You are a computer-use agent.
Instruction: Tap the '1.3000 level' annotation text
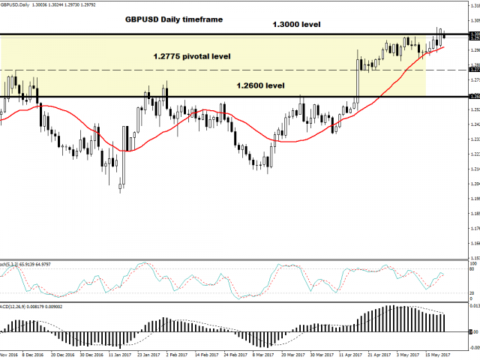pos(296,24)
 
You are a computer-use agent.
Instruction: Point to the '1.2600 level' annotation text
pos(260,85)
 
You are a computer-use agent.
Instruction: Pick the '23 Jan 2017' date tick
pos(154,355)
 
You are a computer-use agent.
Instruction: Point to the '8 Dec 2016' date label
pos(34,355)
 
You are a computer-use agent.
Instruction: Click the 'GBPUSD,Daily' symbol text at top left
pos(17,4)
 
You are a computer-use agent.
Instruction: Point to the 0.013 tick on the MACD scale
pos(473,306)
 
